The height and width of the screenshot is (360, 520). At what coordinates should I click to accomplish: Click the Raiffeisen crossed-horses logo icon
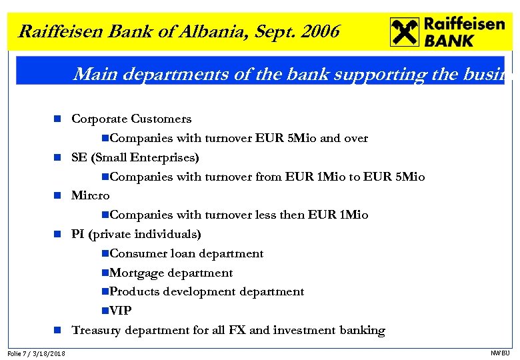(x=404, y=32)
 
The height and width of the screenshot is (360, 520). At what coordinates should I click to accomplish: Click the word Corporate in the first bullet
(x=99, y=119)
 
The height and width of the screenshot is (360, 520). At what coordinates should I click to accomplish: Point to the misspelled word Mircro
(x=90, y=196)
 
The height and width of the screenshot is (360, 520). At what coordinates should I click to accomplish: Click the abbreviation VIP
(x=121, y=311)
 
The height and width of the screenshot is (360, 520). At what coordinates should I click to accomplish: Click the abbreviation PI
(x=78, y=235)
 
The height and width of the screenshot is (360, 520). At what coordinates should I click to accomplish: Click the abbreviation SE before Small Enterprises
(x=79, y=158)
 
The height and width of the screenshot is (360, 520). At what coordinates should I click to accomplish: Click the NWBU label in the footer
(x=499, y=353)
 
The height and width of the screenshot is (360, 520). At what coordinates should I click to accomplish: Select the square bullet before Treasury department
(x=58, y=331)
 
